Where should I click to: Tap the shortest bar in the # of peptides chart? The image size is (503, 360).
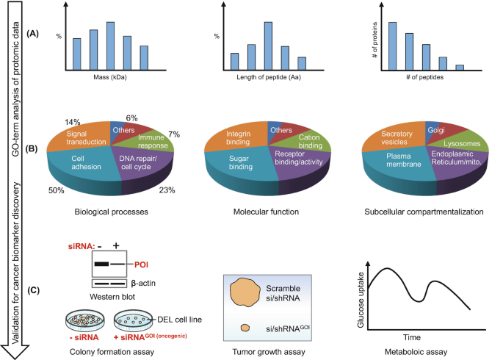click(x=459, y=68)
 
